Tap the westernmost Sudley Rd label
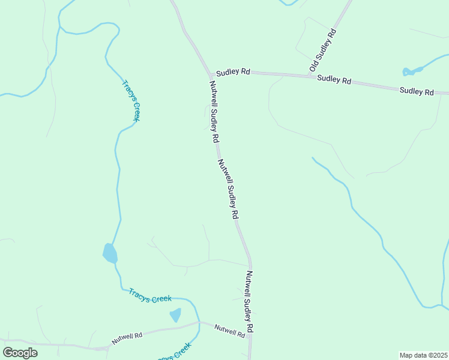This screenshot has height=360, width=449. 234,71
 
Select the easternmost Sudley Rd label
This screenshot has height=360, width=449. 417,91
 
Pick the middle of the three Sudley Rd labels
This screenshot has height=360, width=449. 334,79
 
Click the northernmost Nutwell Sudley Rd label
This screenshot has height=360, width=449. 214,112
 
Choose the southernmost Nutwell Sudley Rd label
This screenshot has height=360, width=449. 250,302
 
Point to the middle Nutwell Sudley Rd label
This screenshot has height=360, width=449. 229,188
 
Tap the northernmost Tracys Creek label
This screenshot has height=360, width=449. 131,101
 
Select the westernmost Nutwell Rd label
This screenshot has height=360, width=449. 127,337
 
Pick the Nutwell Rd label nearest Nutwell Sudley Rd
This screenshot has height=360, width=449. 230,329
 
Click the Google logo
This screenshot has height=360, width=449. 20,353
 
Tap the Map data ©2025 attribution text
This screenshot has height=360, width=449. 423,355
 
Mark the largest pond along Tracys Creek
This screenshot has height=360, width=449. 110,253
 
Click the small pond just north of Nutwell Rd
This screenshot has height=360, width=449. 175,314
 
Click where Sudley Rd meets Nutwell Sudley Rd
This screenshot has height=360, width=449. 209,71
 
